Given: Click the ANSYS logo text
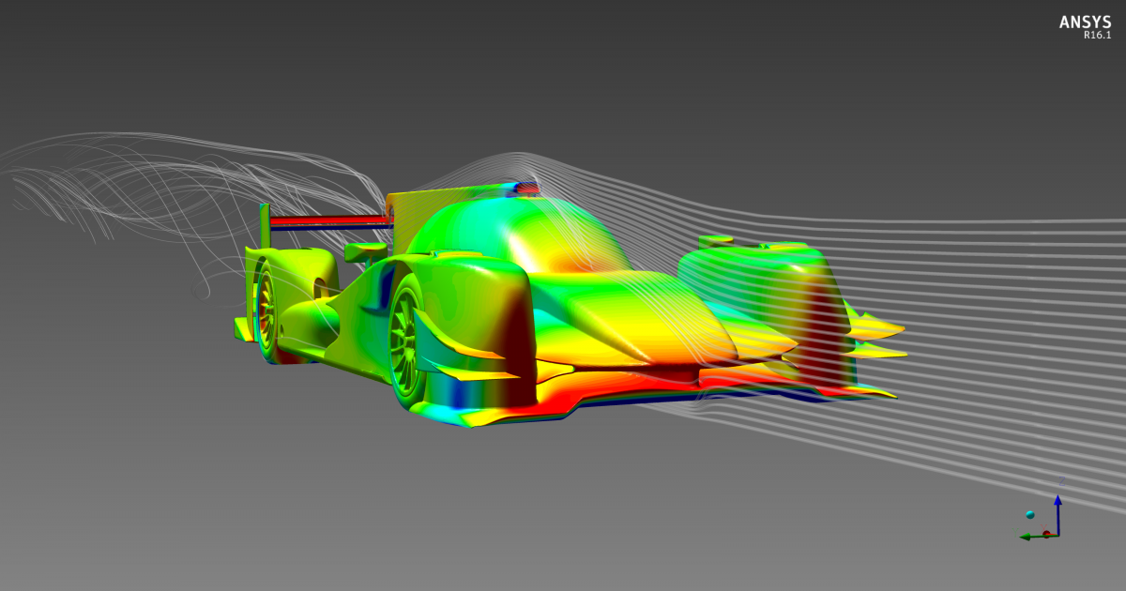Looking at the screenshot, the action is pos(1085,23).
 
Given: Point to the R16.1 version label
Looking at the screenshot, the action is pos(1097,36).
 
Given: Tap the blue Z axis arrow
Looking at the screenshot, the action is pos(1058,515).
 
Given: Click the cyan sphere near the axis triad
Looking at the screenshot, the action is pos(1030,515).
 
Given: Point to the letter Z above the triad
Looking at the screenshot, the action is pos(1061,481).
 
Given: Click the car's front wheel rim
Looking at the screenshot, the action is pos(403,341).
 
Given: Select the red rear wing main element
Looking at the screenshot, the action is pos(330,220).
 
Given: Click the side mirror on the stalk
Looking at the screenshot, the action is pos(366,251).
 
